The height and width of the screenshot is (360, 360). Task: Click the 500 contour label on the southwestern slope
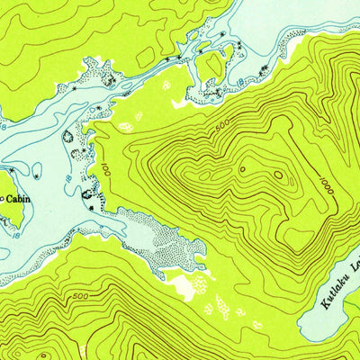click(x=79, y=296)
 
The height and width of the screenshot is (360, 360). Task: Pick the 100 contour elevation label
click(x=105, y=169)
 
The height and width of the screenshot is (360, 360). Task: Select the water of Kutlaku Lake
click(x=333, y=315)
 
